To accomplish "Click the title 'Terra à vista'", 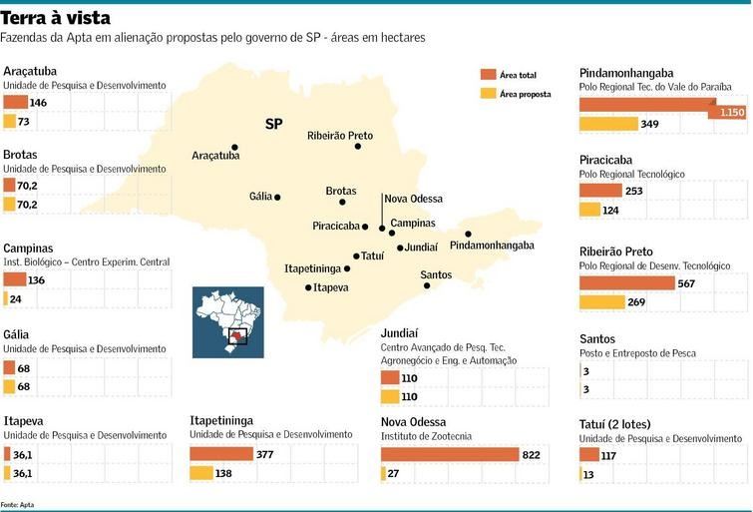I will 56,18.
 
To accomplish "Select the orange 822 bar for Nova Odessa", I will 450,454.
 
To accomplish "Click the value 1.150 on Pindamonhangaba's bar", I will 732,113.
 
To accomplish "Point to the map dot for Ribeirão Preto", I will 357,147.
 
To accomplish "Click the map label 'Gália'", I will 260,197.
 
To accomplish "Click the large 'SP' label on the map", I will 273,125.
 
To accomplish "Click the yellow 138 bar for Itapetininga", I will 201,473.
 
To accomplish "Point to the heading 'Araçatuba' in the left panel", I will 30,71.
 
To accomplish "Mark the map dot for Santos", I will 427,285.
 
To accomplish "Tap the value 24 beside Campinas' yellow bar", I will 16,298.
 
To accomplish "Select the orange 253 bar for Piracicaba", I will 600,191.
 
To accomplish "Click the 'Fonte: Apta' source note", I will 17,504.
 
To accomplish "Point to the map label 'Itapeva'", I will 331,287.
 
